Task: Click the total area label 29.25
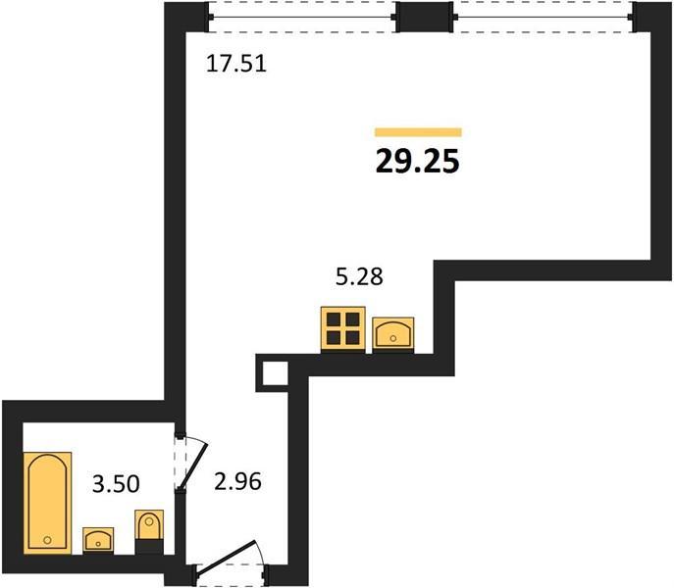tap(418, 162)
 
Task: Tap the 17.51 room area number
tap(236, 64)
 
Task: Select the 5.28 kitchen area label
tap(359, 276)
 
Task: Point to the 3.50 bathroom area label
tap(116, 483)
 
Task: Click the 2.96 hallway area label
tap(237, 481)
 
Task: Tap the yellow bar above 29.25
tap(418, 132)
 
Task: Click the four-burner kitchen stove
tap(343, 329)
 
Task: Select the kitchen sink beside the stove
tap(392, 334)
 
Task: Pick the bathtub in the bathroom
tap(47, 503)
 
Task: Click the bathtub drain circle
tap(47, 540)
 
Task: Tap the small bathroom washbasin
tap(98, 539)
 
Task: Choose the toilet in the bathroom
tap(149, 531)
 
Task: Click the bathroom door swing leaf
tap(192, 466)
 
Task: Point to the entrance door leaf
tap(226, 557)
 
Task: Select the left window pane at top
tap(302, 18)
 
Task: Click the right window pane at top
tap(544, 18)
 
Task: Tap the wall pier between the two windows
tap(424, 17)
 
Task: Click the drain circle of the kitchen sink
tap(392, 338)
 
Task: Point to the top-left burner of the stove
tap(334, 319)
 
